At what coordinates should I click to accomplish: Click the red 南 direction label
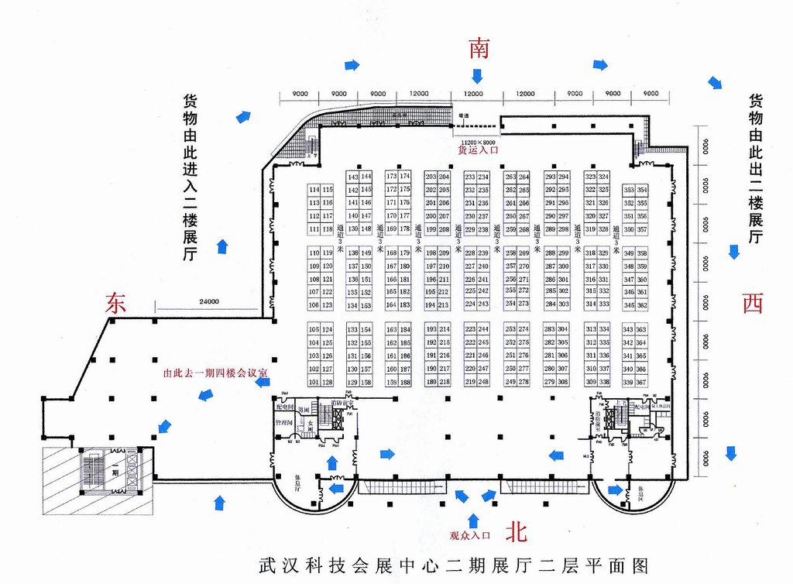(478, 49)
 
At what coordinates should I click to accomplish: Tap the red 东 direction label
(115, 303)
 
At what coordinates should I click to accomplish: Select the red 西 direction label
(752, 303)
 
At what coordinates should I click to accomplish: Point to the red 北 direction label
(517, 531)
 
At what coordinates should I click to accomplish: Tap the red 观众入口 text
(470, 535)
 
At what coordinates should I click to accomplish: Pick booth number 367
(641, 382)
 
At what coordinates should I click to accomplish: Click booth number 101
(314, 382)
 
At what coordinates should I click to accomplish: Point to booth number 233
(470, 177)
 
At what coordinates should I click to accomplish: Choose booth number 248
(483, 382)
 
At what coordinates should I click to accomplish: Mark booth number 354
(642, 190)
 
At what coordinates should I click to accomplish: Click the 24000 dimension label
(208, 302)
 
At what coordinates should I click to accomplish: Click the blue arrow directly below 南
(477, 76)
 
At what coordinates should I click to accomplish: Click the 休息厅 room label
(299, 484)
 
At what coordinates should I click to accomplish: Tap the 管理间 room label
(284, 424)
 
